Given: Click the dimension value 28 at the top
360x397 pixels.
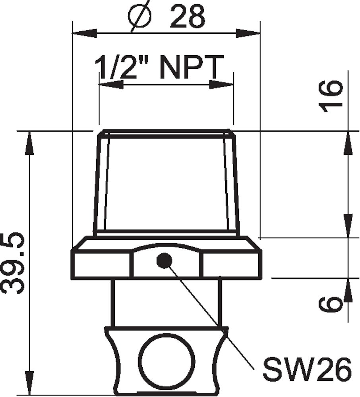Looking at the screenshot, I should (x=188, y=16).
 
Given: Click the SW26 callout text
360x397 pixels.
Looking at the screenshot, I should (x=308, y=369).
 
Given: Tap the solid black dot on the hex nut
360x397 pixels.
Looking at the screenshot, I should (x=164, y=260).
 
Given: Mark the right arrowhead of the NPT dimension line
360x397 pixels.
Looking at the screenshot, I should (x=221, y=84).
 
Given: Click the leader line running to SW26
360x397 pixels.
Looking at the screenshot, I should (x=215, y=318).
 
